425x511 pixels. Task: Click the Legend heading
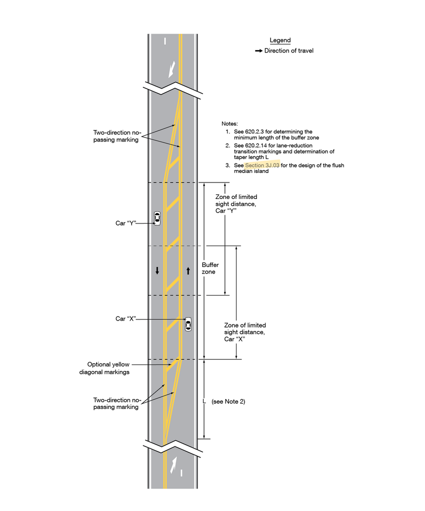point(280,40)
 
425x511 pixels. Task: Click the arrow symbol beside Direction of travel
point(258,51)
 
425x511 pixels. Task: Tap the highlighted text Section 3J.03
point(262,165)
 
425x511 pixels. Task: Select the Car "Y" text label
point(125,223)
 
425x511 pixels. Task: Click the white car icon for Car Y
point(157,218)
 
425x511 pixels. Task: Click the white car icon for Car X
point(188,324)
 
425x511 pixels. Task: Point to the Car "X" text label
point(125,318)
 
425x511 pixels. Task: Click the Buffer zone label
point(210,268)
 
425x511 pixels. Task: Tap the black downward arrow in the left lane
point(157,270)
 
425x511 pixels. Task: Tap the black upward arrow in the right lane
point(188,270)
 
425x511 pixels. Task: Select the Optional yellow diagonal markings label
point(108,368)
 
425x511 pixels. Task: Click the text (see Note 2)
point(228,401)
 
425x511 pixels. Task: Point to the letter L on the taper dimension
point(204,401)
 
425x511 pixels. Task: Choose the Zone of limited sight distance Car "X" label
point(245,332)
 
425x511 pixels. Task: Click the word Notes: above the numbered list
point(230,123)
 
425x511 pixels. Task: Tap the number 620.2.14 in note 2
point(255,145)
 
